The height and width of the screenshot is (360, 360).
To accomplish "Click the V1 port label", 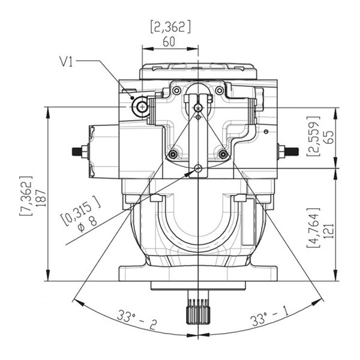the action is (66, 62).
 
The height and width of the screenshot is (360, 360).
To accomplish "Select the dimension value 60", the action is (169, 42).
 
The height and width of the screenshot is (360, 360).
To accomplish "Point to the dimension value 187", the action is (42, 197).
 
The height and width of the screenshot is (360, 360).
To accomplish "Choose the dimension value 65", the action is (329, 137).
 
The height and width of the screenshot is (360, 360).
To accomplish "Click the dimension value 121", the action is (329, 230).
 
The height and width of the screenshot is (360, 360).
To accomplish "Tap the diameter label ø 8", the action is (88, 224).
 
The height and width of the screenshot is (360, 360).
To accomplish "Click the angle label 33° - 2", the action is (137, 319).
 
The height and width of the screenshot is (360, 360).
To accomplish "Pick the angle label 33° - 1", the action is (269, 316).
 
